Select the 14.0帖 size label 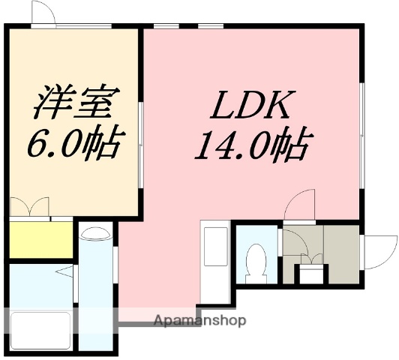[252, 145]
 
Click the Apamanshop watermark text [199, 321]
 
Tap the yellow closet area [40, 239]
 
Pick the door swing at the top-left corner [42, 13]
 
